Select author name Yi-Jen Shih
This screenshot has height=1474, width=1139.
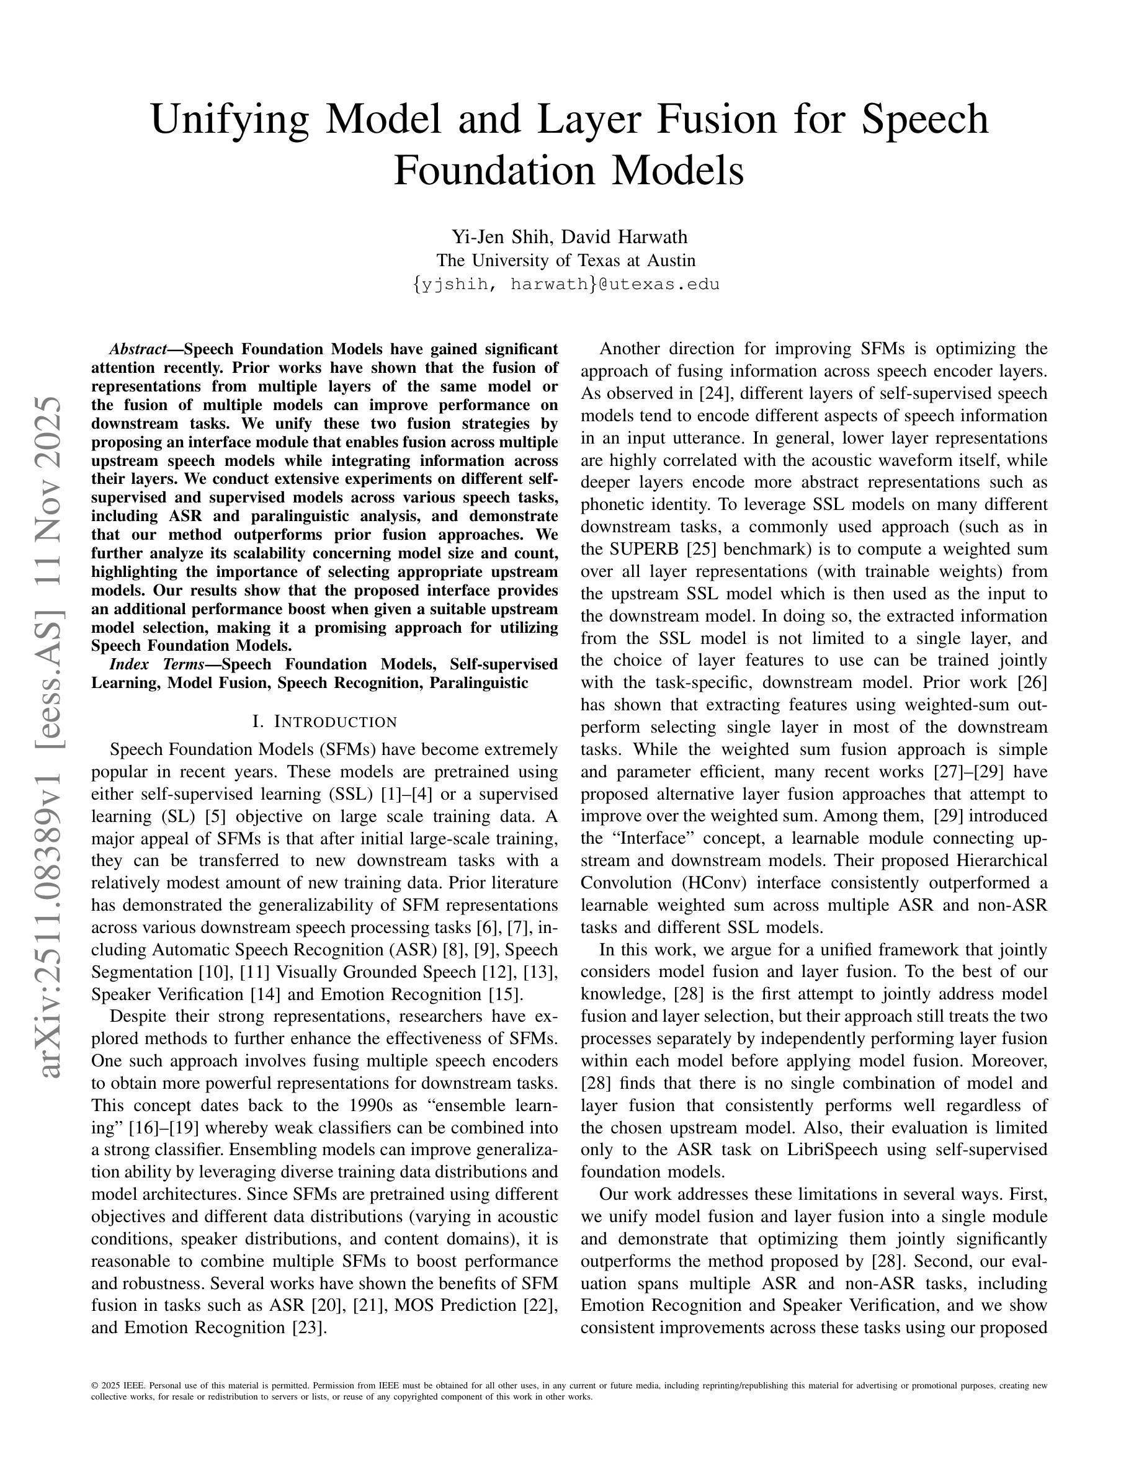(x=502, y=237)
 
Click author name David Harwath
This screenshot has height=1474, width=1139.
(x=625, y=237)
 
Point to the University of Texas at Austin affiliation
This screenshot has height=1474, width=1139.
(x=565, y=261)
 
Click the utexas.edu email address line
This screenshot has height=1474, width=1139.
(x=565, y=284)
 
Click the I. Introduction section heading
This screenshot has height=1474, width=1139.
(x=324, y=721)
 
